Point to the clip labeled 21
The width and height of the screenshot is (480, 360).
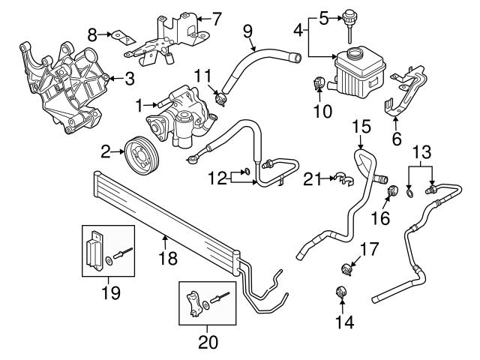pyautogui.click(x=340, y=178)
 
